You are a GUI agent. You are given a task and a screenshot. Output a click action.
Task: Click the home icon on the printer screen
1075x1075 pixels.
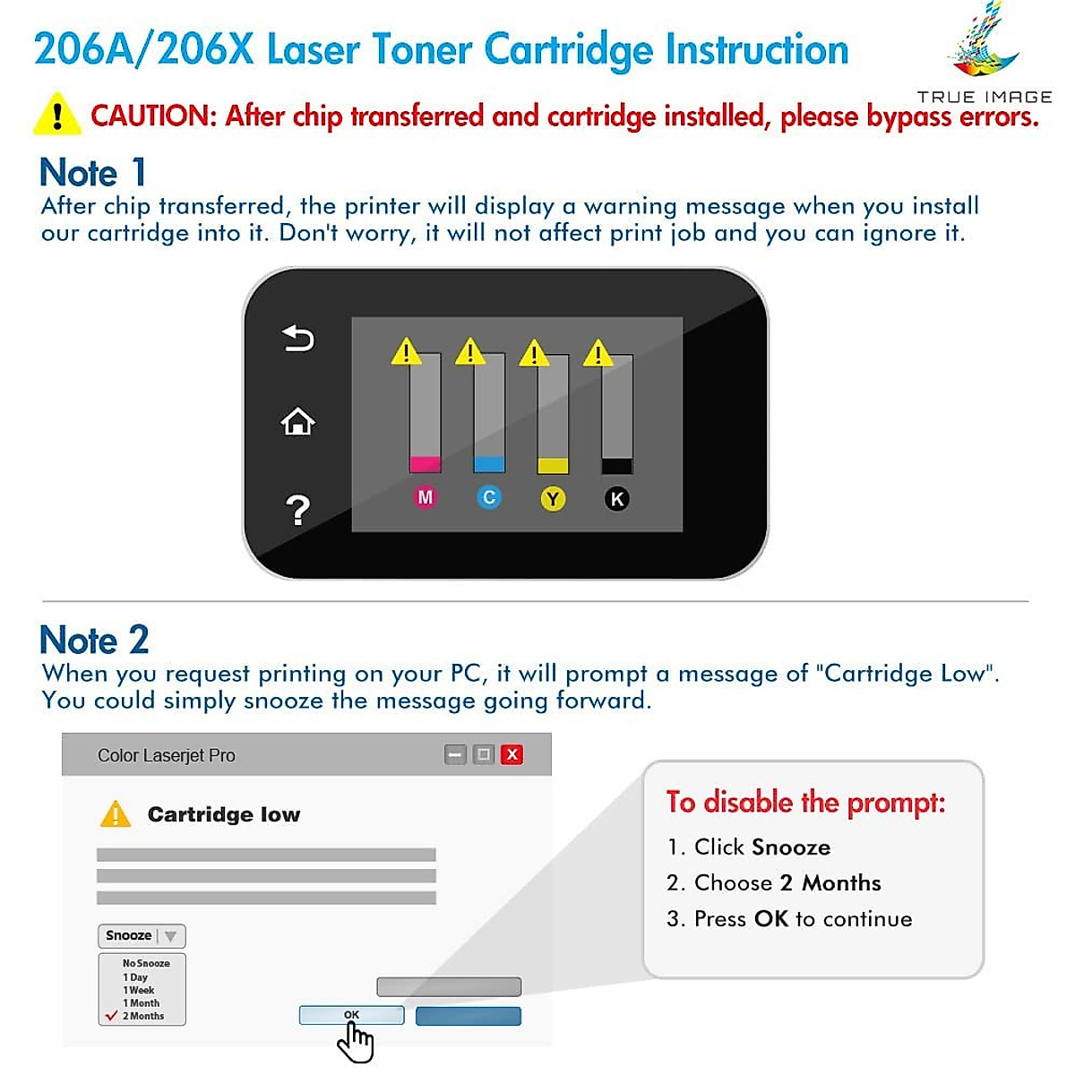point(297,421)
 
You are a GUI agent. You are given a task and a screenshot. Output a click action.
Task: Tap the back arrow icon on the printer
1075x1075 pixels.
point(297,339)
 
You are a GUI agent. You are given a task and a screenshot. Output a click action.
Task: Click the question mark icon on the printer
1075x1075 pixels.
point(297,510)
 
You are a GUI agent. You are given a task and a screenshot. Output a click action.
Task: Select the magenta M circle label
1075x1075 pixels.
point(425,497)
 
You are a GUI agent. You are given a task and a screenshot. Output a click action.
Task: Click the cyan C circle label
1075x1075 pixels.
point(489,497)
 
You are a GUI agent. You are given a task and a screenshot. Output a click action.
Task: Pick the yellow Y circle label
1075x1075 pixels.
point(553,499)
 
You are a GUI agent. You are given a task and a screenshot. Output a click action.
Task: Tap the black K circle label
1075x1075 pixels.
point(616,499)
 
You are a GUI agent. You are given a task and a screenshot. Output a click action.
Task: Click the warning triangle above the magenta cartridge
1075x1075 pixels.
point(406,351)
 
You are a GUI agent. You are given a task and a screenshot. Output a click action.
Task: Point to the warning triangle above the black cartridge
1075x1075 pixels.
point(598,354)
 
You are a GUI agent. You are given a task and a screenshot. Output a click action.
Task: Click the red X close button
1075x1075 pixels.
point(512,754)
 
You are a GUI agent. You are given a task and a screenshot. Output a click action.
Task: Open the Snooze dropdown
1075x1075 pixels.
point(142,936)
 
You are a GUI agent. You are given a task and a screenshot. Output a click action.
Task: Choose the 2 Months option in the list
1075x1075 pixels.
point(143,1016)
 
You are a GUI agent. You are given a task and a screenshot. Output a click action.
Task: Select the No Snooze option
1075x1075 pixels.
point(146,963)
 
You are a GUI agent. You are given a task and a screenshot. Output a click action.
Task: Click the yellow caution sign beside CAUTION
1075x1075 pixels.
point(57,115)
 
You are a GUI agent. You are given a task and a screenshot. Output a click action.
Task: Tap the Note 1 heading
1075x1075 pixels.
point(92,172)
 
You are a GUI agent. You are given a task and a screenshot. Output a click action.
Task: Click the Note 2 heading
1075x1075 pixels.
point(94,640)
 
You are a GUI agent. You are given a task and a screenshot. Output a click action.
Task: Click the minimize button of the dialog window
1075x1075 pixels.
point(455,754)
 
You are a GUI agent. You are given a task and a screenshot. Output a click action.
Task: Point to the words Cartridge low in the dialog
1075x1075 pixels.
point(224,814)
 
